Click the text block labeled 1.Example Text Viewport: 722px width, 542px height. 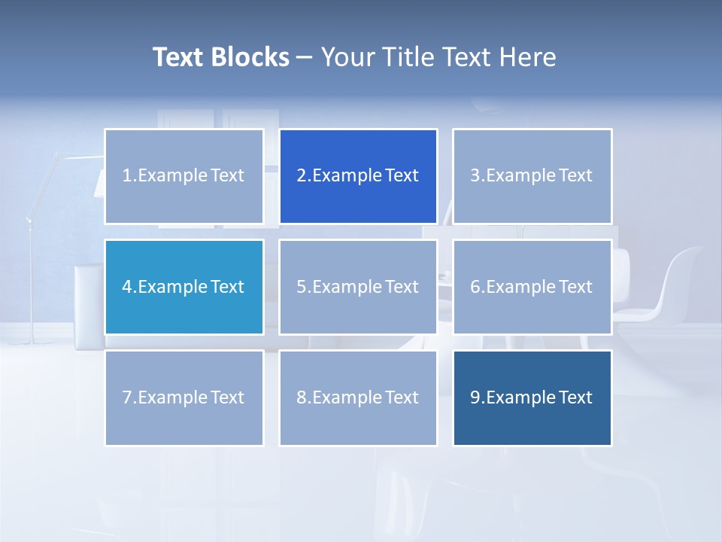tap(184, 176)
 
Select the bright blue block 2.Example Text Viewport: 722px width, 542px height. tap(358, 176)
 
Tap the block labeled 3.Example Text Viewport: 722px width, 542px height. tap(532, 176)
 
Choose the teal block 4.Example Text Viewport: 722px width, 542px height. tap(184, 287)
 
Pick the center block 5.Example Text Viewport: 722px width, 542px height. tap(358, 287)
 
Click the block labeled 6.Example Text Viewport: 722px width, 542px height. tap(532, 287)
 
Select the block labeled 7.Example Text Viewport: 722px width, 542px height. tap(184, 397)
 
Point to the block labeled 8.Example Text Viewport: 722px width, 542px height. tap(358, 397)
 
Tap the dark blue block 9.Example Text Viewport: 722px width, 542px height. tap(532, 397)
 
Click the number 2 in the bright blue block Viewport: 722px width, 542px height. tap(301, 176)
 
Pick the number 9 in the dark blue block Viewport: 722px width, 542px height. tap(475, 397)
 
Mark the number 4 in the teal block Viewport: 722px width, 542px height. tap(126, 287)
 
